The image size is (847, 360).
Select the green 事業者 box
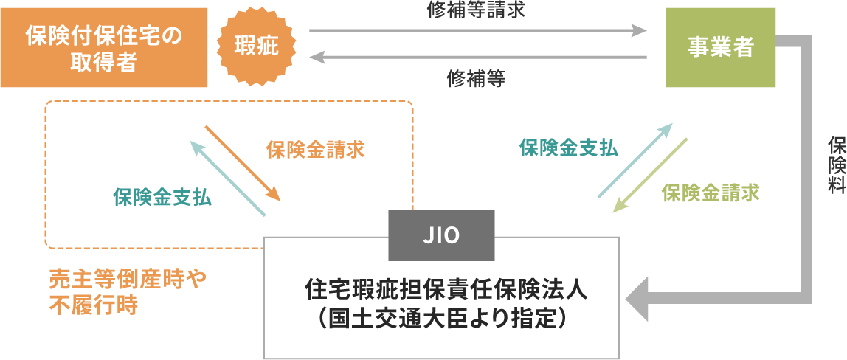pyautogui.click(x=721, y=48)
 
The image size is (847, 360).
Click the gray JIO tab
pyautogui.click(x=441, y=235)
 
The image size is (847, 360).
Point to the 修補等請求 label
pyautogui.click(x=476, y=10)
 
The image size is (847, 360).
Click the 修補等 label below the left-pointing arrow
pyautogui.click(x=476, y=79)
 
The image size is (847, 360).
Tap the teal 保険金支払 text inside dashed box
pyautogui.click(x=162, y=198)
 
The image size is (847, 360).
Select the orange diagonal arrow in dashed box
pyautogui.click(x=242, y=162)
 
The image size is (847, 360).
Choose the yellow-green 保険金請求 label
pyautogui.click(x=711, y=193)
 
